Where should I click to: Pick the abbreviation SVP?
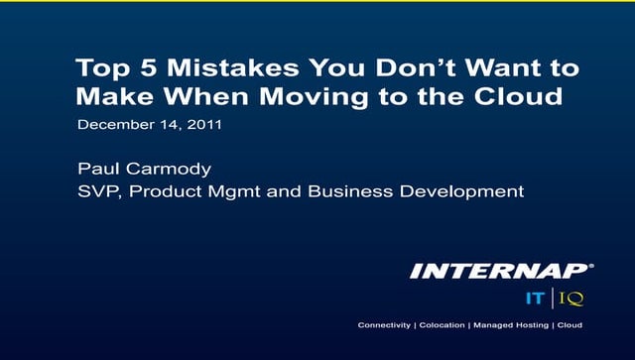96,190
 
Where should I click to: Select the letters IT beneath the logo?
534,297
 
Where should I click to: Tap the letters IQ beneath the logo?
570,297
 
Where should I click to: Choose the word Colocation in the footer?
441,325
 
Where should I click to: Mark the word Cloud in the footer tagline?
570,325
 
